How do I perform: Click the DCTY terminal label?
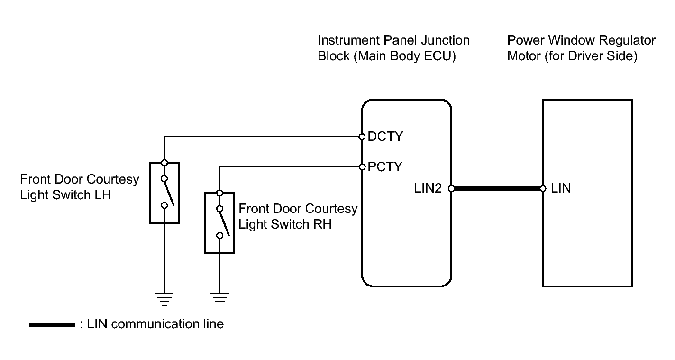tap(385, 137)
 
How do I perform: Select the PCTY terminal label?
tap(385, 167)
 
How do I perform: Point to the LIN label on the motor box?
tap(561, 188)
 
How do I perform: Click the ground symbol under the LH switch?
tap(164, 299)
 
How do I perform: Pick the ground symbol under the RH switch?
tap(219, 299)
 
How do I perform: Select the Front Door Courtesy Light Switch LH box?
tap(164, 192)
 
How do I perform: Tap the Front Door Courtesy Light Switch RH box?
tap(219, 222)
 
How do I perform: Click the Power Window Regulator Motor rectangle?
tap(587, 237)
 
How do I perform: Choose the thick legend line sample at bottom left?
tap(52, 325)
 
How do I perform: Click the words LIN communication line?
tap(155, 324)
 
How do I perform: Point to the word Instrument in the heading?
tap(347, 40)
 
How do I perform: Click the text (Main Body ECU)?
tap(407, 56)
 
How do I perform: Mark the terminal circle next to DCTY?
tap(362, 137)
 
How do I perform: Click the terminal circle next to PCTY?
tap(362, 167)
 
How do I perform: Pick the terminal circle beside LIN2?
tap(451, 188)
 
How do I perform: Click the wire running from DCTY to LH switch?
tap(261, 137)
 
